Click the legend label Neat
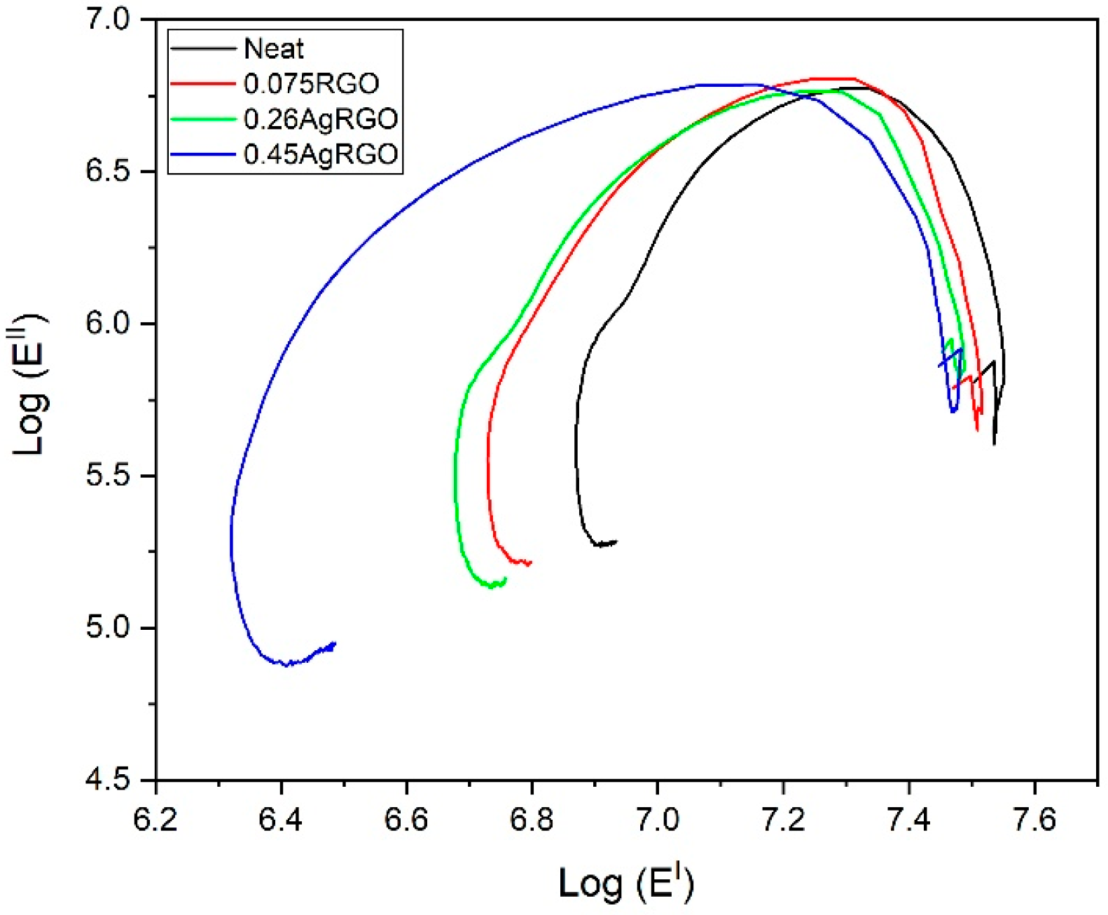[x=273, y=49]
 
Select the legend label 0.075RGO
[x=311, y=84]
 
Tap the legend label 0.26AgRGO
[x=321, y=119]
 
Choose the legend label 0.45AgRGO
[x=321, y=154]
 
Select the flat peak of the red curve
[x=833, y=78]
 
